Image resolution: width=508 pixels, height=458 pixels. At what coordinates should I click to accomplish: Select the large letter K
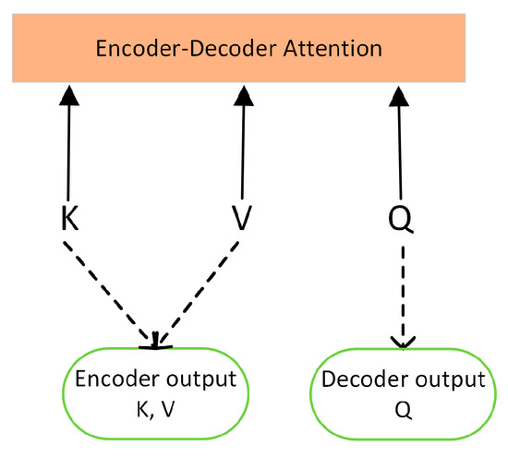[68, 218]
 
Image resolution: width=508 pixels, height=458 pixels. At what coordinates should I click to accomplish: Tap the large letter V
[242, 219]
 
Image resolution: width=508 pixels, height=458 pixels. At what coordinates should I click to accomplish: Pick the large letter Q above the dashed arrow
[399, 220]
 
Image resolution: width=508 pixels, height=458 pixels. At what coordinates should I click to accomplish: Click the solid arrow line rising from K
[68, 148]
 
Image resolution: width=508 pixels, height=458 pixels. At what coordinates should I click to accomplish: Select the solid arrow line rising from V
[242, 148]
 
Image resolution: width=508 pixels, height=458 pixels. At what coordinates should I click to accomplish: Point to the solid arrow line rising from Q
[399, 148]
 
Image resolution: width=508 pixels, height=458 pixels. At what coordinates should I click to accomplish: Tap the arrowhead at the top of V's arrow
[242, 92]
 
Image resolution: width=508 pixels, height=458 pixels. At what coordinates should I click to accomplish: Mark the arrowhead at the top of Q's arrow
[399, 92]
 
